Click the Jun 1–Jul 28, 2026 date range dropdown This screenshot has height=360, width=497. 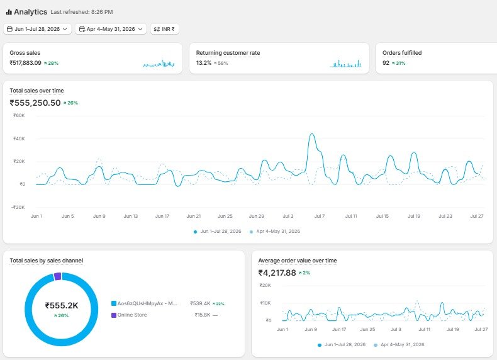click(37, 29)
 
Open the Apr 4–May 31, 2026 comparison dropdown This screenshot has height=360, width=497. click(111, 29)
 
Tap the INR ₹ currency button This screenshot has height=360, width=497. click(164, 29)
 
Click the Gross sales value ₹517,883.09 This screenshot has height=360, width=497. click(25, 63)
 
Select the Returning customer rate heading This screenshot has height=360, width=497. click(228, 53)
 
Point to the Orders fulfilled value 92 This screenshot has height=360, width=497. click(386, 63)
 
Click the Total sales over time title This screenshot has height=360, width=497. click(36, 91)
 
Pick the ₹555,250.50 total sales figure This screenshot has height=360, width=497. click(35, 103)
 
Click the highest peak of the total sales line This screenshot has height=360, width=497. click(312, 134)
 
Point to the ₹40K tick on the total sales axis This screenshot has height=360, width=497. click(19, 138)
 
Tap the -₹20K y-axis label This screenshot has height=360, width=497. click(18, 207)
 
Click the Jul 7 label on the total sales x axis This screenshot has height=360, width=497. click(320, 216)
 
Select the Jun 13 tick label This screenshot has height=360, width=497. click(131, 216)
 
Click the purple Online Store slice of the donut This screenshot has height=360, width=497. click(57, 276)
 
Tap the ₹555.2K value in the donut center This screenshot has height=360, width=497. click(62, 305)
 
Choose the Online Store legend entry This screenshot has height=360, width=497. click(129, 315)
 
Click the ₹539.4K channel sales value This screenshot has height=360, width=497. click(200, 303)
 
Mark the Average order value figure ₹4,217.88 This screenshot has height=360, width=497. click(277, 273)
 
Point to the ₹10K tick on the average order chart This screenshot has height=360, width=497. click(265, 303)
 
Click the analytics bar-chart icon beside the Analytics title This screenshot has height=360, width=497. click(9, 13)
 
